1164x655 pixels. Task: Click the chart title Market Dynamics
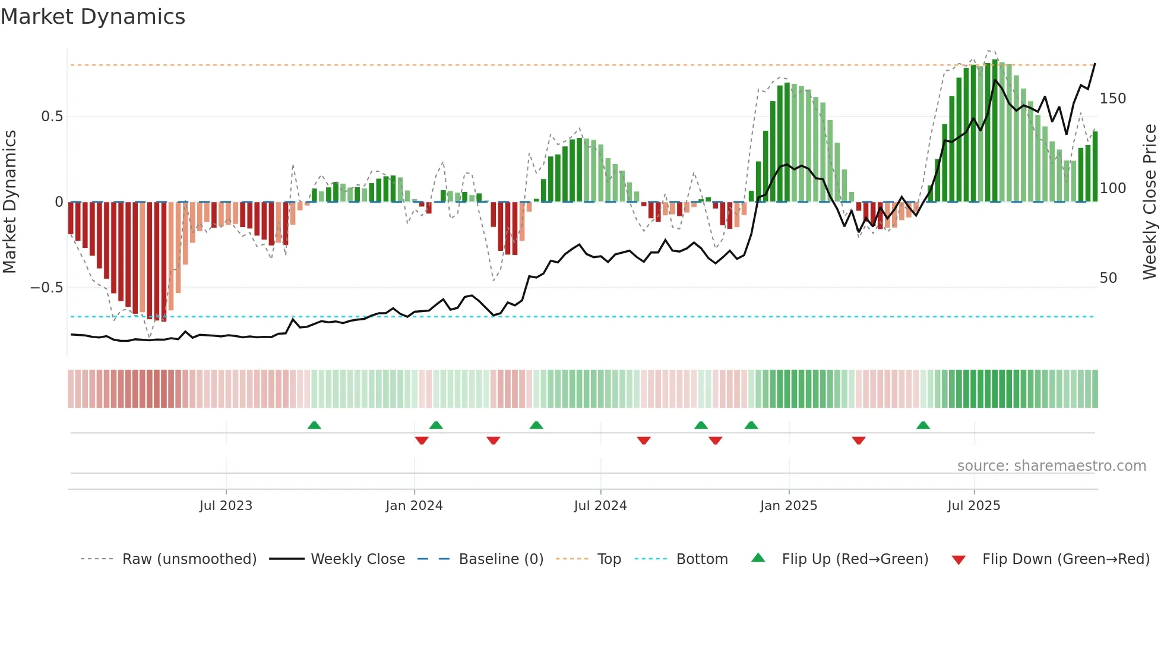point(93,17)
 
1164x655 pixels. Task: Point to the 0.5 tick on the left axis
point(52,116)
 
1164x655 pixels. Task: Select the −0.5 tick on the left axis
point(46,288)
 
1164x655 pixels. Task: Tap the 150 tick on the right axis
point(1112,99)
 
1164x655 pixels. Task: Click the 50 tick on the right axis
point(1108,278)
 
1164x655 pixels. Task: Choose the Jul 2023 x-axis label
point(226,506)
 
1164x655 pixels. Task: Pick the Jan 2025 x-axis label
point(788,506)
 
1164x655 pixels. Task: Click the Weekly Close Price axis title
point(1150,202)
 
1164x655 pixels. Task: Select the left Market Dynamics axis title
point(10,202)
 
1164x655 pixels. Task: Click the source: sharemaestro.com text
point(1051,466)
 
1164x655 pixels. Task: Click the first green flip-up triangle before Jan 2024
point(314,425)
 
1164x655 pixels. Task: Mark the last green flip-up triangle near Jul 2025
point(923,425)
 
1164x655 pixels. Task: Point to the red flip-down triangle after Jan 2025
point(858,440)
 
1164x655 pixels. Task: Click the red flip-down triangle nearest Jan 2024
point(422,440)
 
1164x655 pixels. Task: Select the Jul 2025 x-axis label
point(973,506)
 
